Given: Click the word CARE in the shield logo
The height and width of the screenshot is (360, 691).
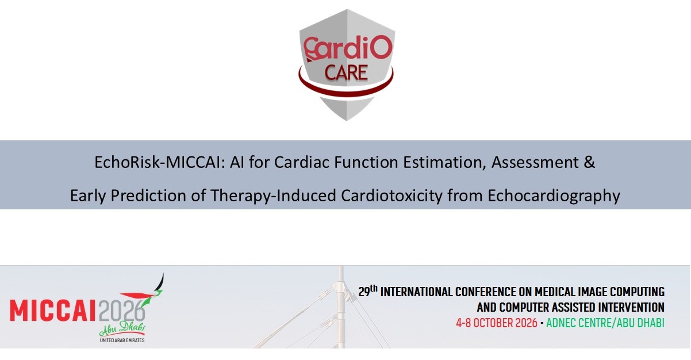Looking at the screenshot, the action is (346, 72).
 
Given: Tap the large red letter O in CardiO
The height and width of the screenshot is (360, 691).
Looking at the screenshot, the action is (381, 47).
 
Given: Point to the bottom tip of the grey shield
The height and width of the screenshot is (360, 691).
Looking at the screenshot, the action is (346, 120).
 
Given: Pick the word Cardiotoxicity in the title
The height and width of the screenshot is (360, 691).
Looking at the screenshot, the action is (391, 196).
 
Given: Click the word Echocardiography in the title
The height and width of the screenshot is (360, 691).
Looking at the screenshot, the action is (554, 196).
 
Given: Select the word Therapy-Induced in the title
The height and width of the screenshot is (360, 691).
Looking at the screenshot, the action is (273, 196).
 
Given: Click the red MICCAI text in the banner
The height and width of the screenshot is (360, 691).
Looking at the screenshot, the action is (53, 311).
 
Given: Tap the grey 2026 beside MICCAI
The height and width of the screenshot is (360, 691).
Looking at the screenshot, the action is (121, 311).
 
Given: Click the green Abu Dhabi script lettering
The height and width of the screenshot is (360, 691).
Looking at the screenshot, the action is (122, 329).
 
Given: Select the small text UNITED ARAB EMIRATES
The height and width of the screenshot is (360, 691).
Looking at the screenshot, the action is (122, 340).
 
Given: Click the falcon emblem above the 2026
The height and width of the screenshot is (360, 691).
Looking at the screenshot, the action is (145, 293).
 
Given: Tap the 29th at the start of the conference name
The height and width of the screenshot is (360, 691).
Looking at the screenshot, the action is (368, 290).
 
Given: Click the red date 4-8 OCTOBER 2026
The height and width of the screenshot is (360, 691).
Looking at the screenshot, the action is (497, 323).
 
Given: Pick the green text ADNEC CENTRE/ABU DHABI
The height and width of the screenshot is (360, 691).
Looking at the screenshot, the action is (605, 323).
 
